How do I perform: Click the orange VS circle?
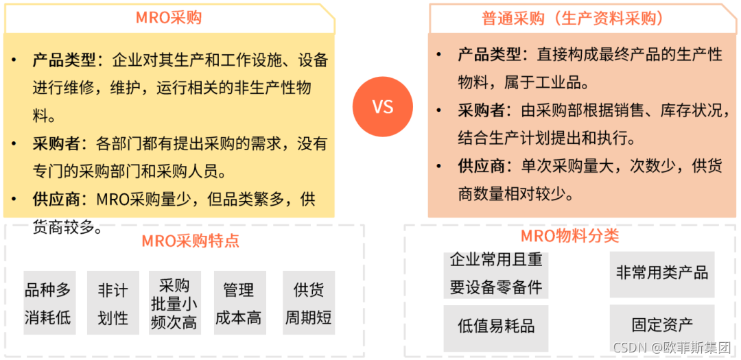(x=383, y=107)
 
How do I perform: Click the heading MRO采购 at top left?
(x=169, y=18)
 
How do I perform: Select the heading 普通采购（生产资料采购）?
(x=572, y=19)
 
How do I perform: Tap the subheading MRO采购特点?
(x=191, y=241)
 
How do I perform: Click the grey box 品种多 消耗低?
(x=48, y=303)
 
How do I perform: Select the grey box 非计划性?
(x=113, y=303)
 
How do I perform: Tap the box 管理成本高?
(x=238, y=303)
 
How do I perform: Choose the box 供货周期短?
(x=308, y=303)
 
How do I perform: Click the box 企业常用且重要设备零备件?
(x=495, y=274)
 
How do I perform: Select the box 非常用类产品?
(x=661, y=274)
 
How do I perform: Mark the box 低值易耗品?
(x=495, y=326)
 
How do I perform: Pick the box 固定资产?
(x=661, y=324)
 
